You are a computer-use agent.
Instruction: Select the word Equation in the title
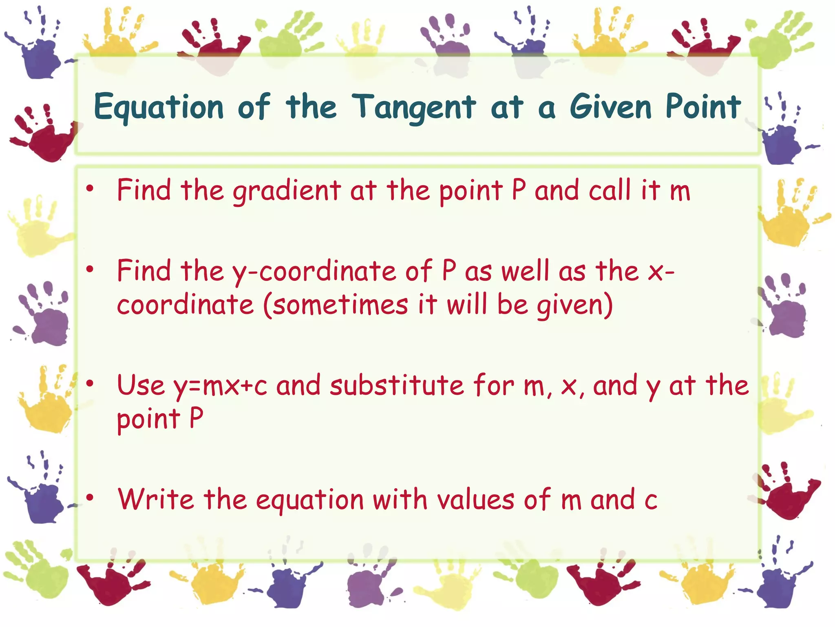159,107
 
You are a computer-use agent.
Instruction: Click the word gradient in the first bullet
287,191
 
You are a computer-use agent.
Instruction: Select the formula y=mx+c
221,386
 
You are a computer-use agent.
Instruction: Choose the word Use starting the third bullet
141,385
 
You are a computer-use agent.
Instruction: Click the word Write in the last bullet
156,499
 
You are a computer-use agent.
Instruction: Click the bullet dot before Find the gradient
90,189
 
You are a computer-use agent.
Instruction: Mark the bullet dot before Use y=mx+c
90,383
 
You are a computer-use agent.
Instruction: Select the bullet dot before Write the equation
90,497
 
